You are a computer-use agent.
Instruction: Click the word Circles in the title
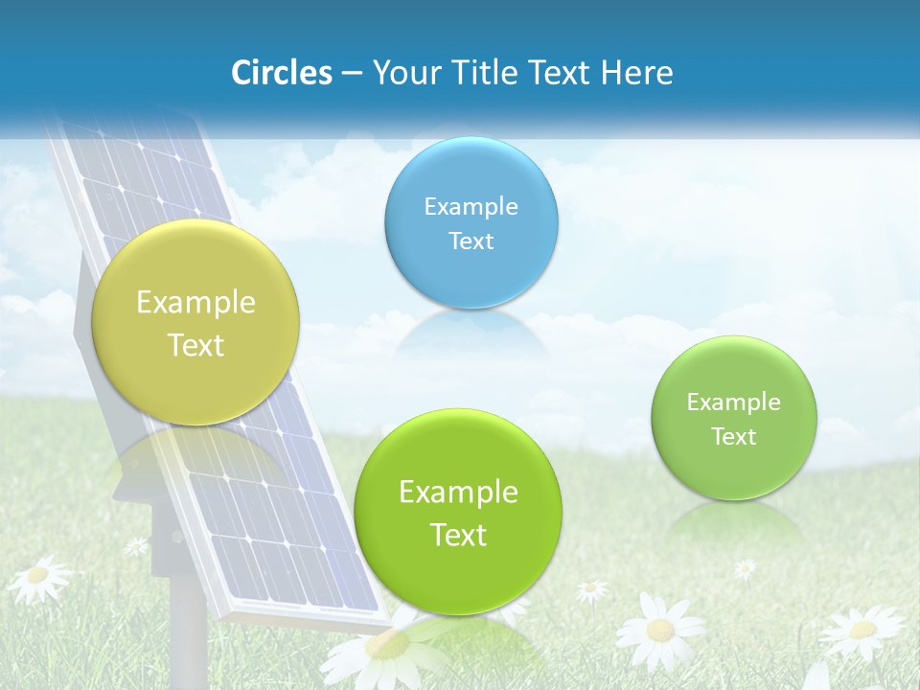(x=281, y=73)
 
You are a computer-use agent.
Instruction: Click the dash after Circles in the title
(x=351, y=74)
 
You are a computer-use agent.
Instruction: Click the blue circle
(x=471, y=222)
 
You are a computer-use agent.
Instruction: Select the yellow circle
(x=195, y=322)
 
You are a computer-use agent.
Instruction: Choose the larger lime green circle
(x=458, y=512)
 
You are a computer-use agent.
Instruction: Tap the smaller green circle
(x=734, y=418)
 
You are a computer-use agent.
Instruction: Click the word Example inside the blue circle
(x=471, y=206)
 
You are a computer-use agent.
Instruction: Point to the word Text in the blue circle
(x=471, y=241)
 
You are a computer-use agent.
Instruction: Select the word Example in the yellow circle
(x=195, y=303)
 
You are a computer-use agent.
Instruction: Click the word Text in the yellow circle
(x=195, y=345)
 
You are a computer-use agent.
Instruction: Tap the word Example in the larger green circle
(x=458, y=493)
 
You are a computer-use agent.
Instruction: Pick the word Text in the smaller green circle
(x=734, y=437)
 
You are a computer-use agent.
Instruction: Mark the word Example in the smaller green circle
(x=734, y=402)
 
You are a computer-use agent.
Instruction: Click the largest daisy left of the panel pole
(x=38, y=576)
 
